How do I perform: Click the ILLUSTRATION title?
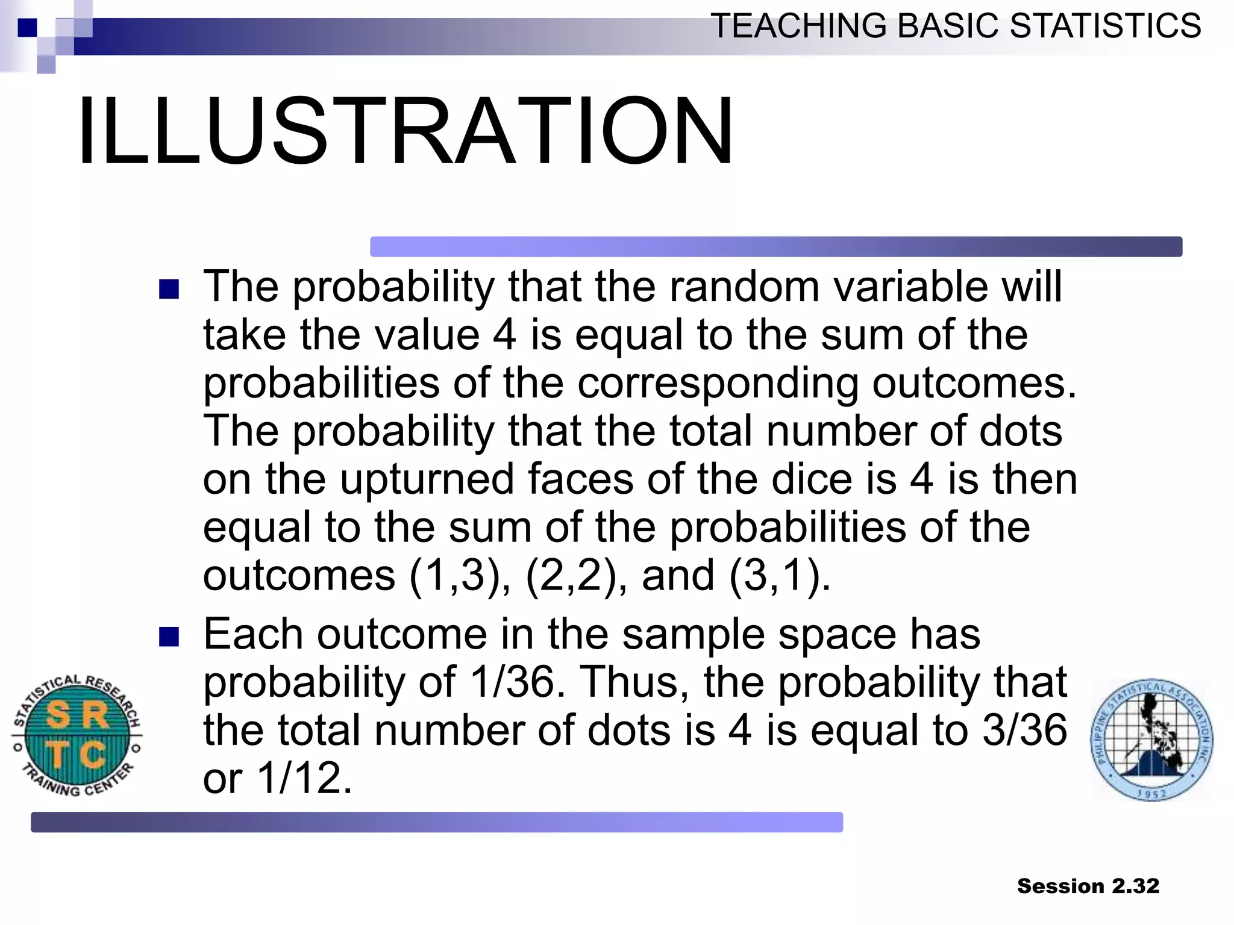coord(405,131)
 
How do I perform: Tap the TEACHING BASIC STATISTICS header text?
coord(956,26)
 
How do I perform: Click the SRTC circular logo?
coord(77,735)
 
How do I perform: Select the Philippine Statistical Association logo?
coord(1151,740)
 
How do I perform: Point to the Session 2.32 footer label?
coord(1088,886)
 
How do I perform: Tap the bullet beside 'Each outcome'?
coord(169,637)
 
